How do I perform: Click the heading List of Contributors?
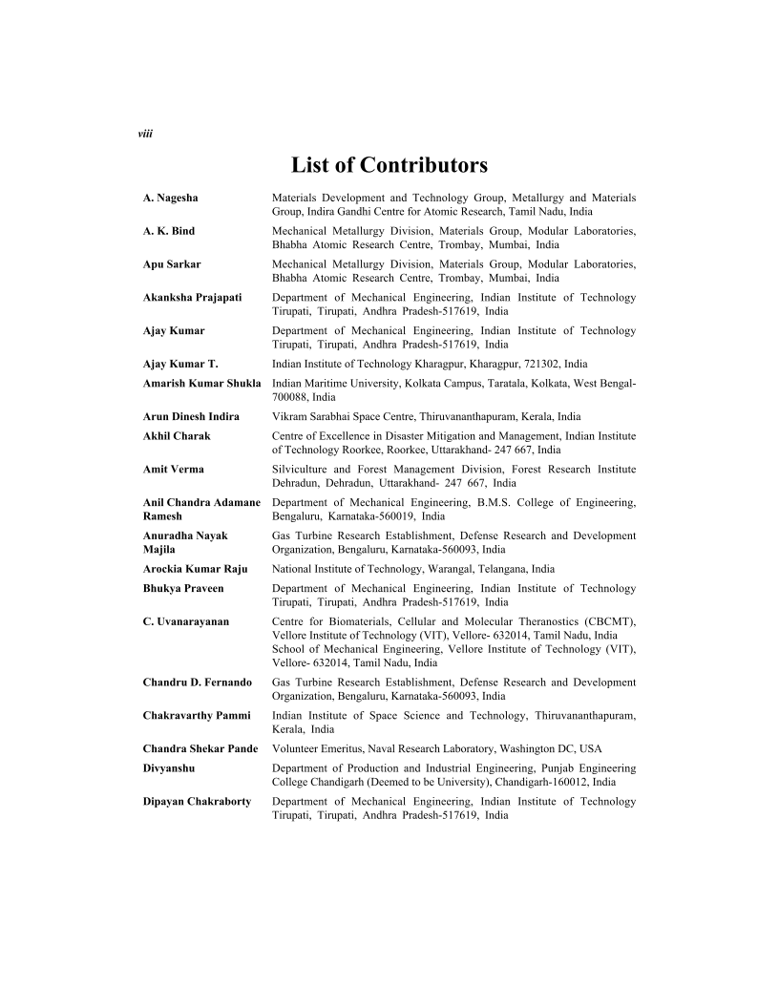[x=389, y=165]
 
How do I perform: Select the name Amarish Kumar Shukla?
[x=201, y=383]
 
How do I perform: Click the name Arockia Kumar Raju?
[x=195, y=569]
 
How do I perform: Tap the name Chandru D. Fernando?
[x=198, y=682]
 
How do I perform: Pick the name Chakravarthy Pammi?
[x=197, y=715]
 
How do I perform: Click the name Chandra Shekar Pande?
[x=201, y=748]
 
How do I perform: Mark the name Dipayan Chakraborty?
[x=197, y=801]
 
